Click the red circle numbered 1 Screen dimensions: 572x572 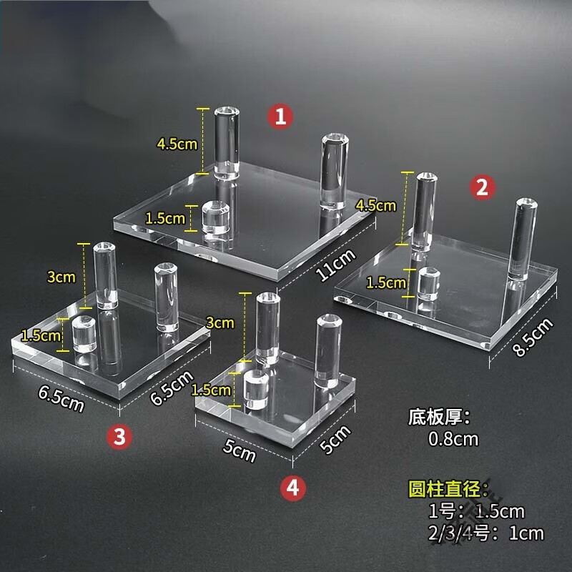tap(280, 117)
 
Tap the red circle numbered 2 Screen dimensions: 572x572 tap(481, 187)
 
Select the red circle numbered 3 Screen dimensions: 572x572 tap(120, 435)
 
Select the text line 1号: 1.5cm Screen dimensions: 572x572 tap(476, 511)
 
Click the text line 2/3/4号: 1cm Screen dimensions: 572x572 tap(485, 533)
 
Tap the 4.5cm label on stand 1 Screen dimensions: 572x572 tap(177, 144)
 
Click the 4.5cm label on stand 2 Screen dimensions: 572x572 tap(376, 205)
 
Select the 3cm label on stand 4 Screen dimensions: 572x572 tap(220, 322)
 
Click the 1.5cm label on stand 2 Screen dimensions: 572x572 tap(385, 282)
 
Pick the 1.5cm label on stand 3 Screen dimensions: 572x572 tap(40, 335)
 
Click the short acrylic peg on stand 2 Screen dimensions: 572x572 tap(428, 284)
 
